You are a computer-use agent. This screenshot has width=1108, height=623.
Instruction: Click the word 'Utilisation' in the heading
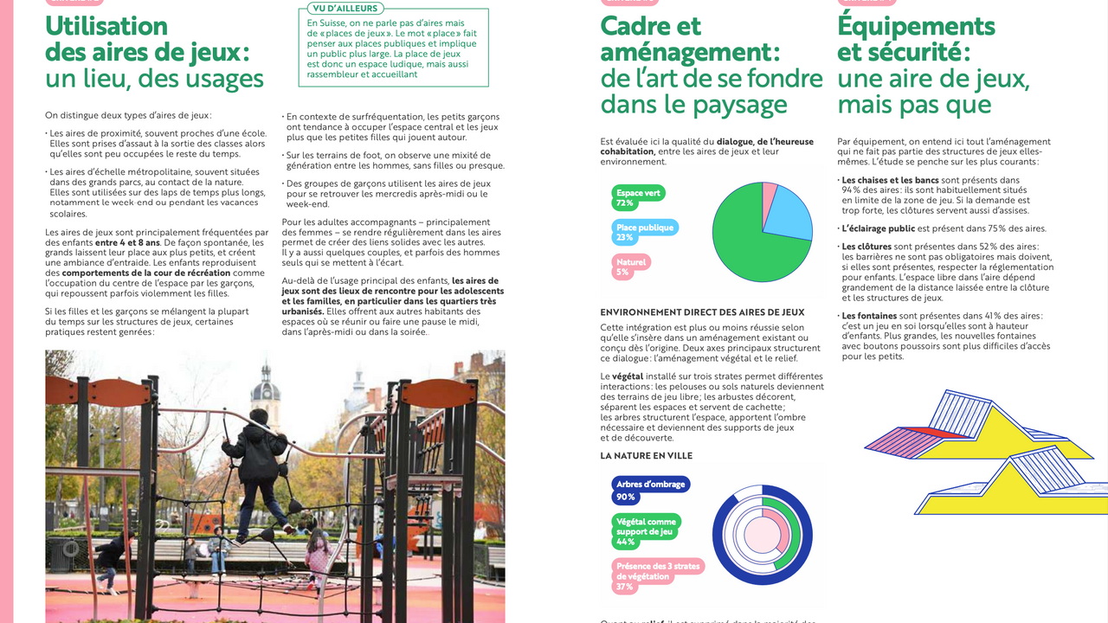(x=106, y=27)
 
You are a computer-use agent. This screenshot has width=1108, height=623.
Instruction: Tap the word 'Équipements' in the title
(x=916, y=27)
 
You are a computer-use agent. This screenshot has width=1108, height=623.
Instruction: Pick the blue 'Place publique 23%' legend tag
(x=645, y=232)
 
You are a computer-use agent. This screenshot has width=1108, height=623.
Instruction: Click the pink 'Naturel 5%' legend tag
(x=631, y=267)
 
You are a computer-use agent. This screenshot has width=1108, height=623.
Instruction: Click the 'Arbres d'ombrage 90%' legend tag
(x=650, y=490)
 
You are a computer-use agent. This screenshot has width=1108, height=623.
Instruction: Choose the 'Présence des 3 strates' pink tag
(x=657, y=575)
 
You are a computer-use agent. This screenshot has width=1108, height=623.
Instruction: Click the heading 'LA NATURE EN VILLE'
(x=647, y=456)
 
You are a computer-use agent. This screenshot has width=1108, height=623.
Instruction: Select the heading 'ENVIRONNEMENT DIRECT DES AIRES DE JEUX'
(x=702, y=312)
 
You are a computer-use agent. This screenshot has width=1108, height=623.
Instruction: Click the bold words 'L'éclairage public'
(x=878, y=228)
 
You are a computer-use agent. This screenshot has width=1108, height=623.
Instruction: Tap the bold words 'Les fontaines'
(x=869, y=316)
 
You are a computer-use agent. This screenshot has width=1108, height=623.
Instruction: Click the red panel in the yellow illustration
(x=931, y=430)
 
